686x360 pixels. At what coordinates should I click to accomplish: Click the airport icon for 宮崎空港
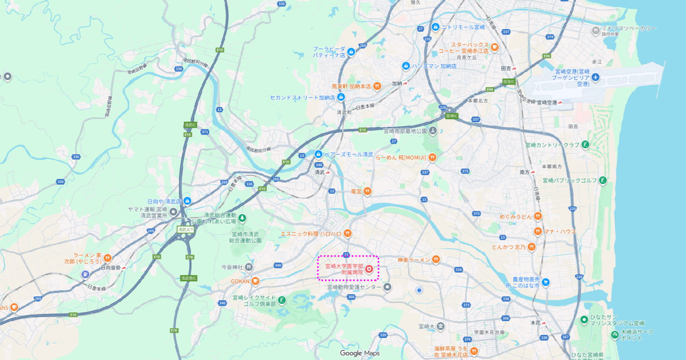tap(595, 78)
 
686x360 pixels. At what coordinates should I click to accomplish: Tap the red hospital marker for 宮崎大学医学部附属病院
tap(369, 269)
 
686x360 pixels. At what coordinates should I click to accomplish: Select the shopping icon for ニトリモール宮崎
tap(435, 27)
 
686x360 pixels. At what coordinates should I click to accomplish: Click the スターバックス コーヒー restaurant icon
tap(495, 47)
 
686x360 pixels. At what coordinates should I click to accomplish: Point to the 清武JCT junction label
tap(185, 230)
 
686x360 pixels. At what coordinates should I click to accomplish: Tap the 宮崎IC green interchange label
tap(452, 116)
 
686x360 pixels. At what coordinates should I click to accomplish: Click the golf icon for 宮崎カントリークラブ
tap(585, 145)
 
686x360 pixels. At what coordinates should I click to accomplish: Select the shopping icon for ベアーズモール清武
tap(318, 154)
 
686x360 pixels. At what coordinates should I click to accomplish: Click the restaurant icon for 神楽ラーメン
tap(436, 259)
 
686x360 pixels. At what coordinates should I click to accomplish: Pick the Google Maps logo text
tap(359, 353)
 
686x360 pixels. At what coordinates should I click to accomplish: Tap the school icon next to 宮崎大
tap(440, 326)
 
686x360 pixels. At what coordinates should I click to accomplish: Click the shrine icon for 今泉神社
tap(249, 267)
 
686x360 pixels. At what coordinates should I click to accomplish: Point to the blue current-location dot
tap(419, 290)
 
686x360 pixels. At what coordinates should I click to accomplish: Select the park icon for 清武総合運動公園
tap(242, 218)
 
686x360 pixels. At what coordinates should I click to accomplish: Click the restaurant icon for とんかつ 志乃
tap(531, 247)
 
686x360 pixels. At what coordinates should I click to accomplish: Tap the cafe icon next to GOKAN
tap(256, 281)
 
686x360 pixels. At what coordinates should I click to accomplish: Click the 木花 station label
tap(535, 323)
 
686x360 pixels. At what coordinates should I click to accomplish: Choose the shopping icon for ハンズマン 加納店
tap(406, 66)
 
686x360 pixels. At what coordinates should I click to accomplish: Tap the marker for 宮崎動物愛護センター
tap(387, 287)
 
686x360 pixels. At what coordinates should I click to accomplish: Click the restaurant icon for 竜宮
tap(367, 191)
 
